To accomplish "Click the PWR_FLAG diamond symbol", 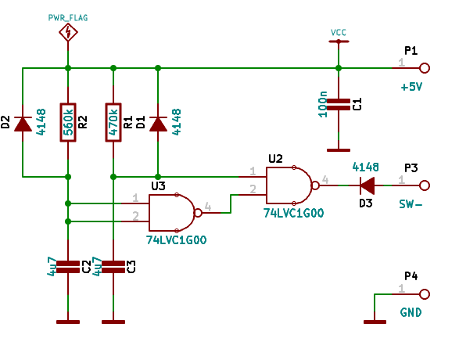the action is tap(68, 32).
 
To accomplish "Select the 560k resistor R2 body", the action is tap(68, 122).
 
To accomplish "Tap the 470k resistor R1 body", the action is tap(113, 122).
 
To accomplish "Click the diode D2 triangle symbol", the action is tap(23, 124).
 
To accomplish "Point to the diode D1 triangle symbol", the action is tap(158, 124).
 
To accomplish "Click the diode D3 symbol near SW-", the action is tap(367, 185).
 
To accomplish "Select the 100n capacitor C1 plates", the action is tap(339, 105).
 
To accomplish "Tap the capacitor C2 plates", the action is tap(68, 267).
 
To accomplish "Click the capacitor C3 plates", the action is tap(113, 267).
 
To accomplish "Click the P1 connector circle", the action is tap(425, 68).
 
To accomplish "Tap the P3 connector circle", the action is tap(425, 185).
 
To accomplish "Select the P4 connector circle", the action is tap(425, 294).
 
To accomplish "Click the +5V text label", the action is tap(411, 87).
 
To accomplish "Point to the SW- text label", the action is tap(411, 204).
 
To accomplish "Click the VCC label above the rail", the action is tap(339, 32).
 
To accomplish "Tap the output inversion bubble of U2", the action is tap(315, 185).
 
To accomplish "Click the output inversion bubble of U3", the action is tap(198, 213).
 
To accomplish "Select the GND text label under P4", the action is tap(411, 312).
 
